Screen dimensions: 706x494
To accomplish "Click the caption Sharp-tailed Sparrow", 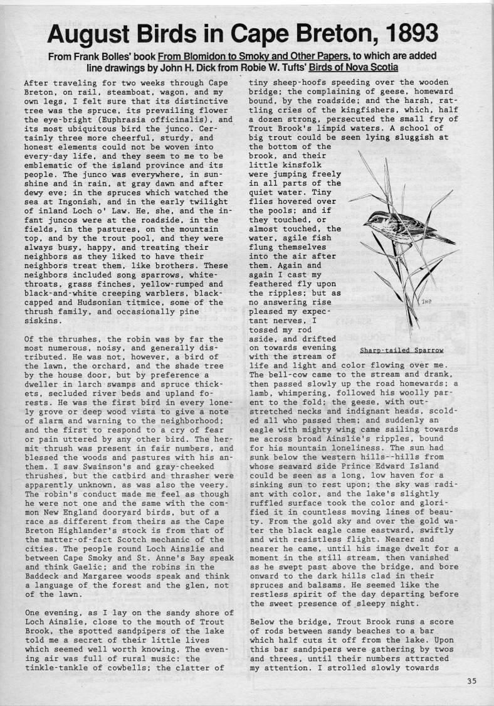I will (402, 350).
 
